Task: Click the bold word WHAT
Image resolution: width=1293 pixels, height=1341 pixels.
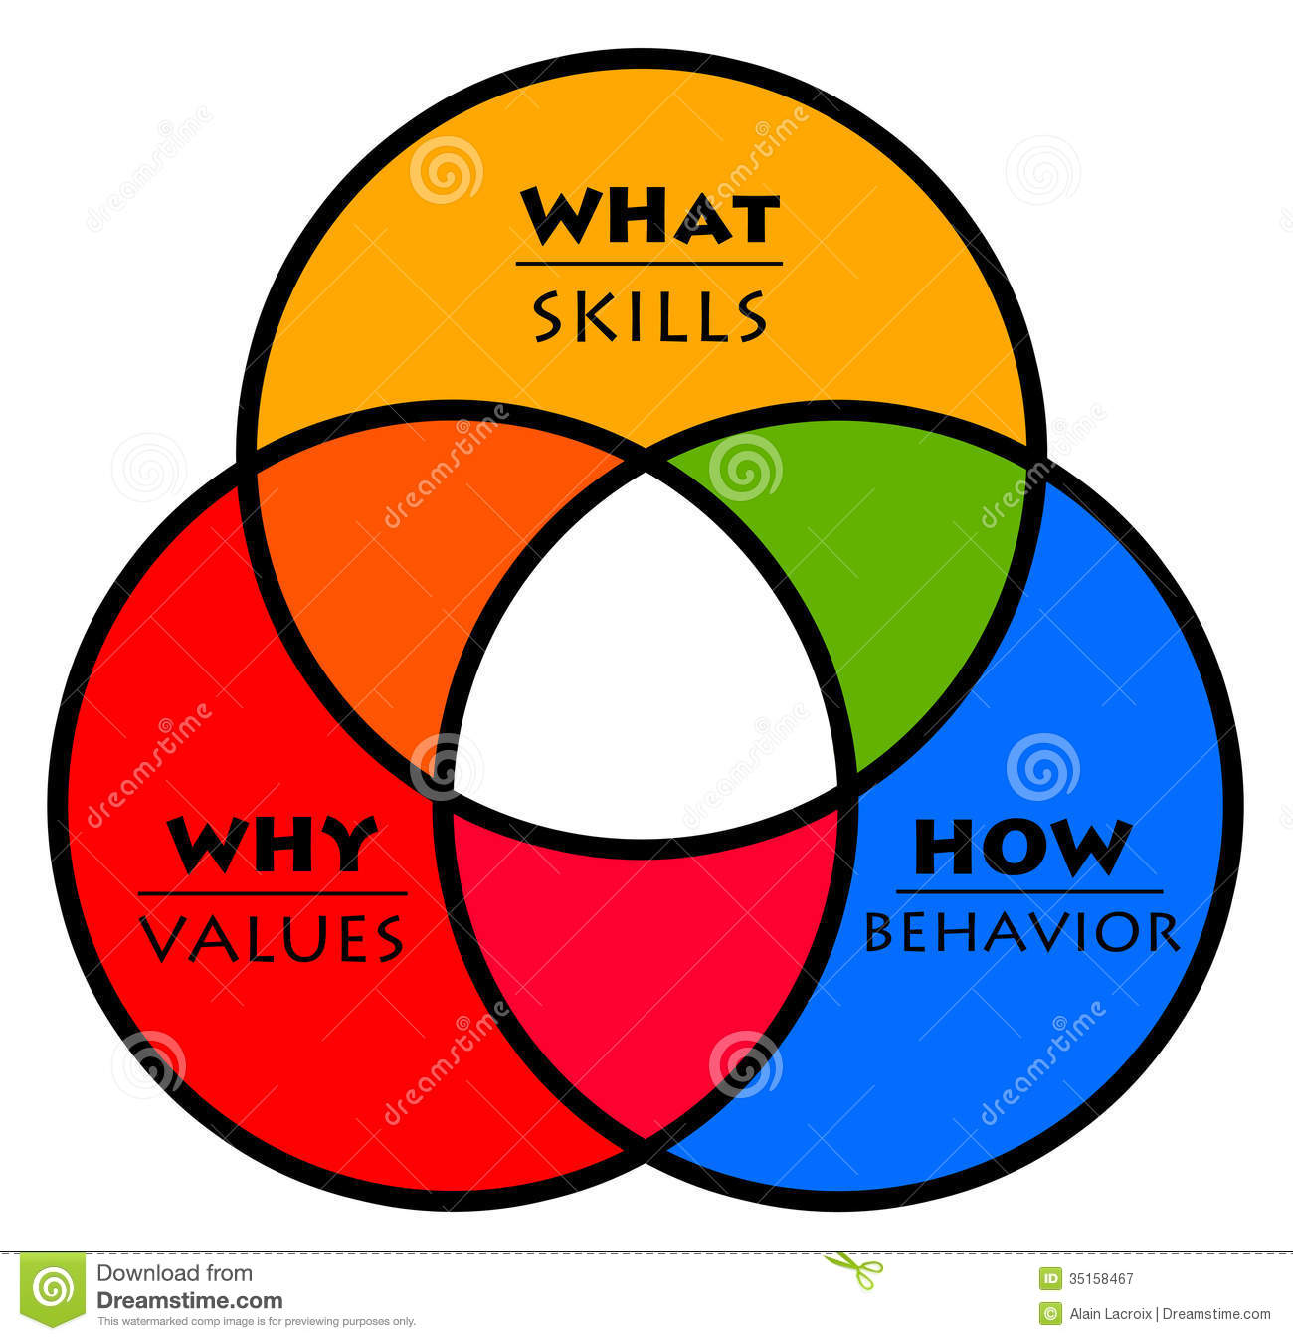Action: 649,218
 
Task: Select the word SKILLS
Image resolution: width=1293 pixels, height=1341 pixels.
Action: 649,317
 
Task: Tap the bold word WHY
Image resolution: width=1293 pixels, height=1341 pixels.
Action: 273,846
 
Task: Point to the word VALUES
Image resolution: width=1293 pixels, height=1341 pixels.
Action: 272,938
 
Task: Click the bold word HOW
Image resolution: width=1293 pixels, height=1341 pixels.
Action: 1022,848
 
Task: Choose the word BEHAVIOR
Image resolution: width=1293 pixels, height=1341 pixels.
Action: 1022,933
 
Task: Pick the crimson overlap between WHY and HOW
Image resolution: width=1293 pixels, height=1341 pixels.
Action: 646,955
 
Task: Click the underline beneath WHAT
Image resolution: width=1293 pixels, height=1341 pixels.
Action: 649,264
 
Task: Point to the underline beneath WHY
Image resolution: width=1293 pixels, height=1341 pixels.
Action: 273,893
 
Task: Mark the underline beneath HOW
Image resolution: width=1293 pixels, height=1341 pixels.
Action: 1028,891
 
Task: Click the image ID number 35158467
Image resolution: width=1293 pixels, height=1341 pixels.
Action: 1101,1279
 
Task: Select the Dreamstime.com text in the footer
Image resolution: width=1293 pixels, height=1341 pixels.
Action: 190,1300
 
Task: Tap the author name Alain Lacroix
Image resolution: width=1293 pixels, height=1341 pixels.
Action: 1110,1314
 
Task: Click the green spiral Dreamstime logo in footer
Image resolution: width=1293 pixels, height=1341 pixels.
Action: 53,1289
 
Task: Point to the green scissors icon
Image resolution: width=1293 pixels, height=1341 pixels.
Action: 855,1269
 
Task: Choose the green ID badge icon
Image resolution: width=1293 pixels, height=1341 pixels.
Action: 1050,1279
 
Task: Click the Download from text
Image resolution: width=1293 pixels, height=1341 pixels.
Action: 174,1273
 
